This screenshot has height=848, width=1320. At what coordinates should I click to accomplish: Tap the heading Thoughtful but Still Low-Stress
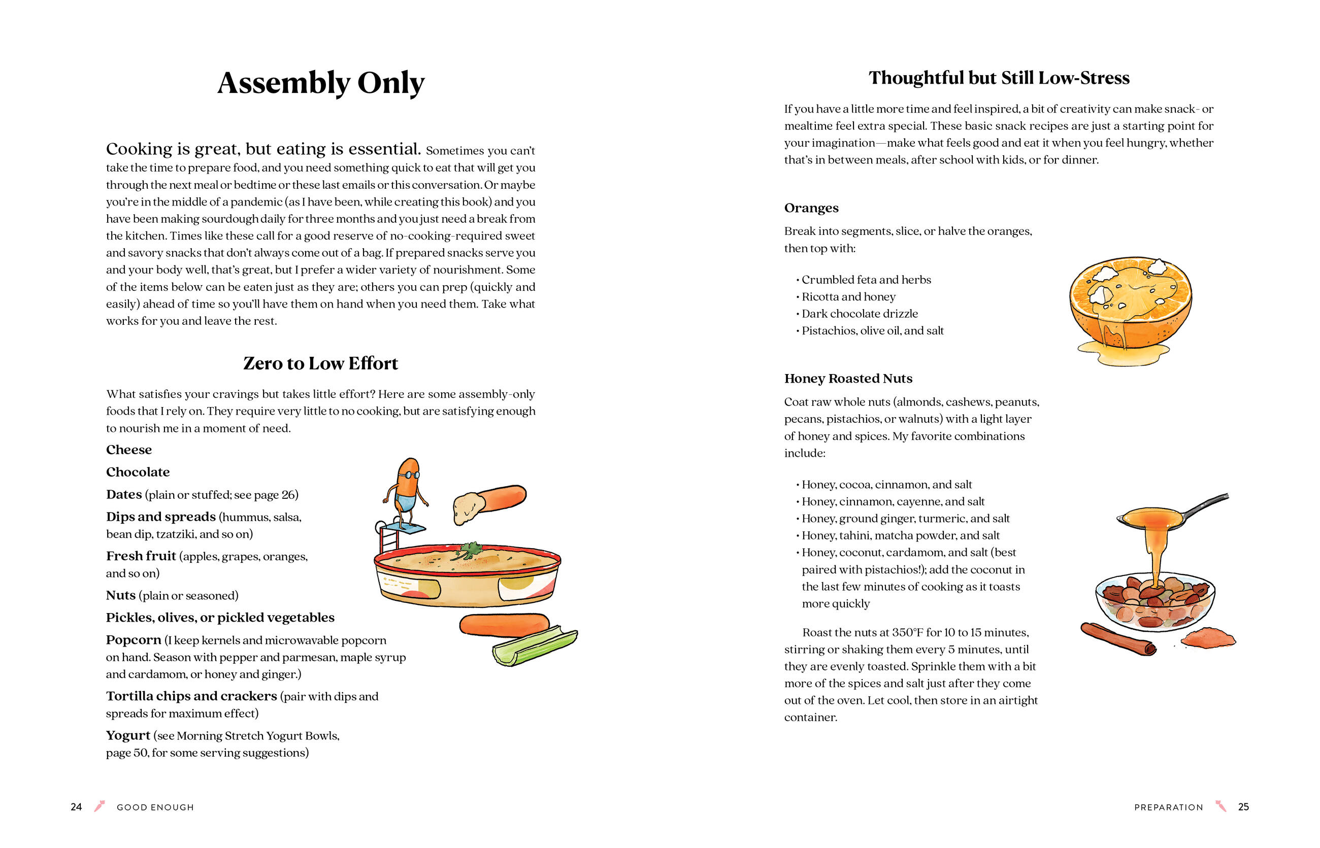998,78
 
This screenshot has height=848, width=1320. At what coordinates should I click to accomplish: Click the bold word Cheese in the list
129,450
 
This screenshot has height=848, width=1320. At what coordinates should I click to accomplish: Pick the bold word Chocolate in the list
138,472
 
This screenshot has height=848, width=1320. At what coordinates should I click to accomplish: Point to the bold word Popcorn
134,640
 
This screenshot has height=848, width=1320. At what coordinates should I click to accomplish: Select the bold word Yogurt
128,736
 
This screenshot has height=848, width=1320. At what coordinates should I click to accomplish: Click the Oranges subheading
811,208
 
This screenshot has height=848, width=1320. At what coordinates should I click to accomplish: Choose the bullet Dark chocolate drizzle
860,314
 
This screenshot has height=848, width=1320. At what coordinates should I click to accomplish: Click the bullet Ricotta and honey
848,297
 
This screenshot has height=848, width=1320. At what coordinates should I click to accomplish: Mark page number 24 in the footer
76,807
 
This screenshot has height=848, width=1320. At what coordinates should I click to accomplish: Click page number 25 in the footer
1243,807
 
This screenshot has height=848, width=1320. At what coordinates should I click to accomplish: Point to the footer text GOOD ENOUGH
155,807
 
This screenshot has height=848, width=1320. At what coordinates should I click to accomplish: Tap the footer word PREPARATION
1168,807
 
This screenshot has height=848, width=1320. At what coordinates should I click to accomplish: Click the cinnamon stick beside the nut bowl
1117,639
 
